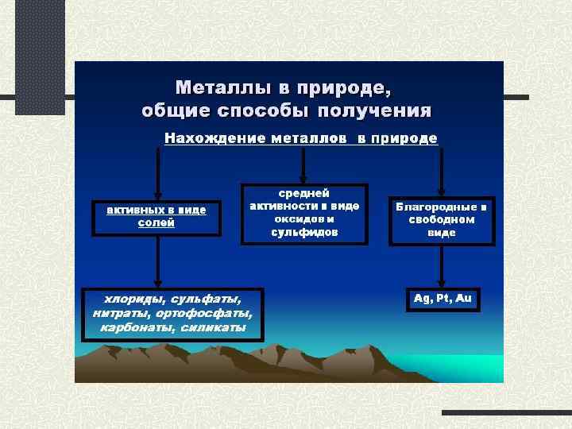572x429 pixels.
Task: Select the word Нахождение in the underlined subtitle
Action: [208, 138]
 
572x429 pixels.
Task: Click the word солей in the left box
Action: [157, 223]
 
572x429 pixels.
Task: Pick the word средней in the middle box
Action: [304, 193]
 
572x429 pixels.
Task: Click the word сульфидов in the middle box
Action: [304, 233]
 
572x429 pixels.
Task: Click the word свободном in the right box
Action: [442, 219]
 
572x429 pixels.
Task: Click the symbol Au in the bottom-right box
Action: [463, 299]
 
